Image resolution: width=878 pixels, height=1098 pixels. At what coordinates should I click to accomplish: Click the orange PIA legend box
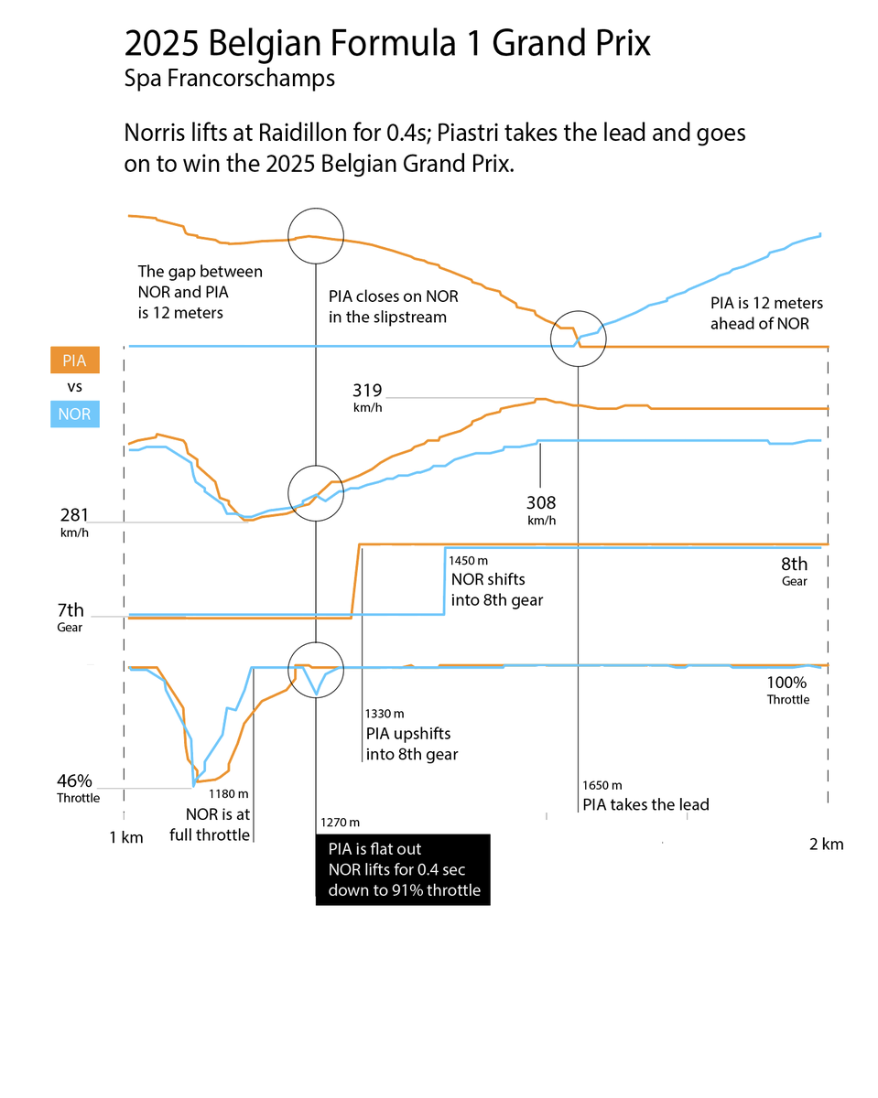click(x=74, y=360)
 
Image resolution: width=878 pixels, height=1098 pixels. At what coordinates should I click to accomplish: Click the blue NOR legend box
click(x=74, y=414)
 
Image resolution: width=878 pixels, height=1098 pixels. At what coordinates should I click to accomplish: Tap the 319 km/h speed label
click(x=367, y=397)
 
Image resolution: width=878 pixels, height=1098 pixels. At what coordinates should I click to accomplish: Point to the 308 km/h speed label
click(x=541, y=510)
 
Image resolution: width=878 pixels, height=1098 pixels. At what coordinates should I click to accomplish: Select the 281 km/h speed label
click(x=74, y=522)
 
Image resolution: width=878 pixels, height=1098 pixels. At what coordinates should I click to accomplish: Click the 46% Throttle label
click(x=78, y=789)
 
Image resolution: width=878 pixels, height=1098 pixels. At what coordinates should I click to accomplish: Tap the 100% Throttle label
click(x=787, y=690)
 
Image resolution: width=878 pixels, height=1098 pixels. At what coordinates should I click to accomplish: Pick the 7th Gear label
click(x=70, y=618)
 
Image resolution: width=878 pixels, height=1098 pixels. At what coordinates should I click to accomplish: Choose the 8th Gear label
click(x=795, y=572)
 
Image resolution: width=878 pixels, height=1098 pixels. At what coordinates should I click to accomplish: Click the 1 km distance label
click(x=126, y=837)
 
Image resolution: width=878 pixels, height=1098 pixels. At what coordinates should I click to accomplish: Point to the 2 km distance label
click(x=826, y=844)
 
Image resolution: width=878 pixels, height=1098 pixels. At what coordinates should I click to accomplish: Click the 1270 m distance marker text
click(x=340, y=822)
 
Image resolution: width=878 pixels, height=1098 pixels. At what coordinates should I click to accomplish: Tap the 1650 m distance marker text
click(x=602, y=785)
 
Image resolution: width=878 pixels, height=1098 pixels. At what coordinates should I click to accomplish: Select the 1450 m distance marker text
click(x=468, y=560)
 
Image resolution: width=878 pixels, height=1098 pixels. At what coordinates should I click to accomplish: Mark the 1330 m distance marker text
click(x=385, y=714)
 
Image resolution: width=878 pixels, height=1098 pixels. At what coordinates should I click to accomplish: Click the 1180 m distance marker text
click(x=228, y=793)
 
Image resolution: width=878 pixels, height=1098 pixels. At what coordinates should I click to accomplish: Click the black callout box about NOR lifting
click(x=403, y=869)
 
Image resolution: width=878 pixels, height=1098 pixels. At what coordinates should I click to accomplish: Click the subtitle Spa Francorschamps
click(x=229, y=79)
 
